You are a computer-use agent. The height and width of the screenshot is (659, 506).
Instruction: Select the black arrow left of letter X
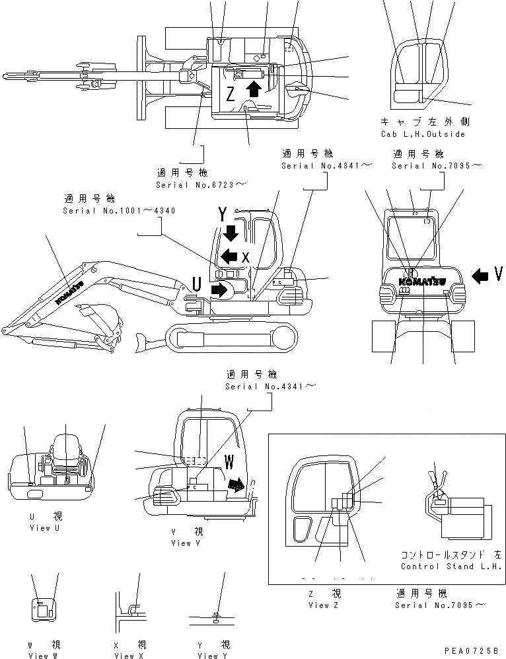[229, 256]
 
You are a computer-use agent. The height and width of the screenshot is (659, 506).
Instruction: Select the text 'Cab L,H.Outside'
[423, 134]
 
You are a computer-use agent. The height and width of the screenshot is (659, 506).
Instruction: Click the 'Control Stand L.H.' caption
[451, 566]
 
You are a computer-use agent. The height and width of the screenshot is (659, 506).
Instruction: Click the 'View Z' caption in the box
[324, 605]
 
